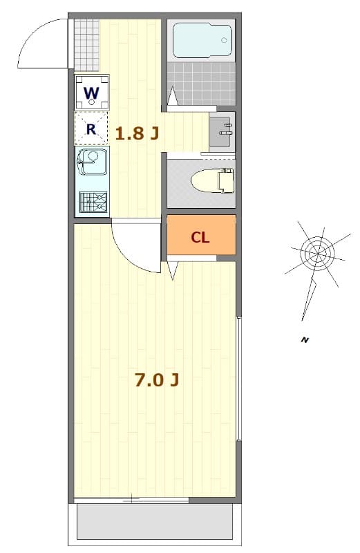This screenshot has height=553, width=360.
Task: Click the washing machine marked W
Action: point(91,93)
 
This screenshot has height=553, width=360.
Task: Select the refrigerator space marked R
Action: point(91,129)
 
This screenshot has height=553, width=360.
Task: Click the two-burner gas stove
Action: point(92,202)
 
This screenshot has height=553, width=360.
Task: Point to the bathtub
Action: point(200,40)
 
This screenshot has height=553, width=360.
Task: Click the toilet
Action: point(210,181)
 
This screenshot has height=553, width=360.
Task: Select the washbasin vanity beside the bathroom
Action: point(222,130)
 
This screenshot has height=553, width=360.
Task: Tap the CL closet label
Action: point(200,237)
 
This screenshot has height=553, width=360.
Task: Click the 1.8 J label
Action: point(137,133)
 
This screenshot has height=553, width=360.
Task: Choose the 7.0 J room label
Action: point(157,379)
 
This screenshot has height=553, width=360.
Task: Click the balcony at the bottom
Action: point(153,522)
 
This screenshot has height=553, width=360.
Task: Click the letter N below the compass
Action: point(303,339)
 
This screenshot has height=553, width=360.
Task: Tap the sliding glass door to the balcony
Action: point(131,498)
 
